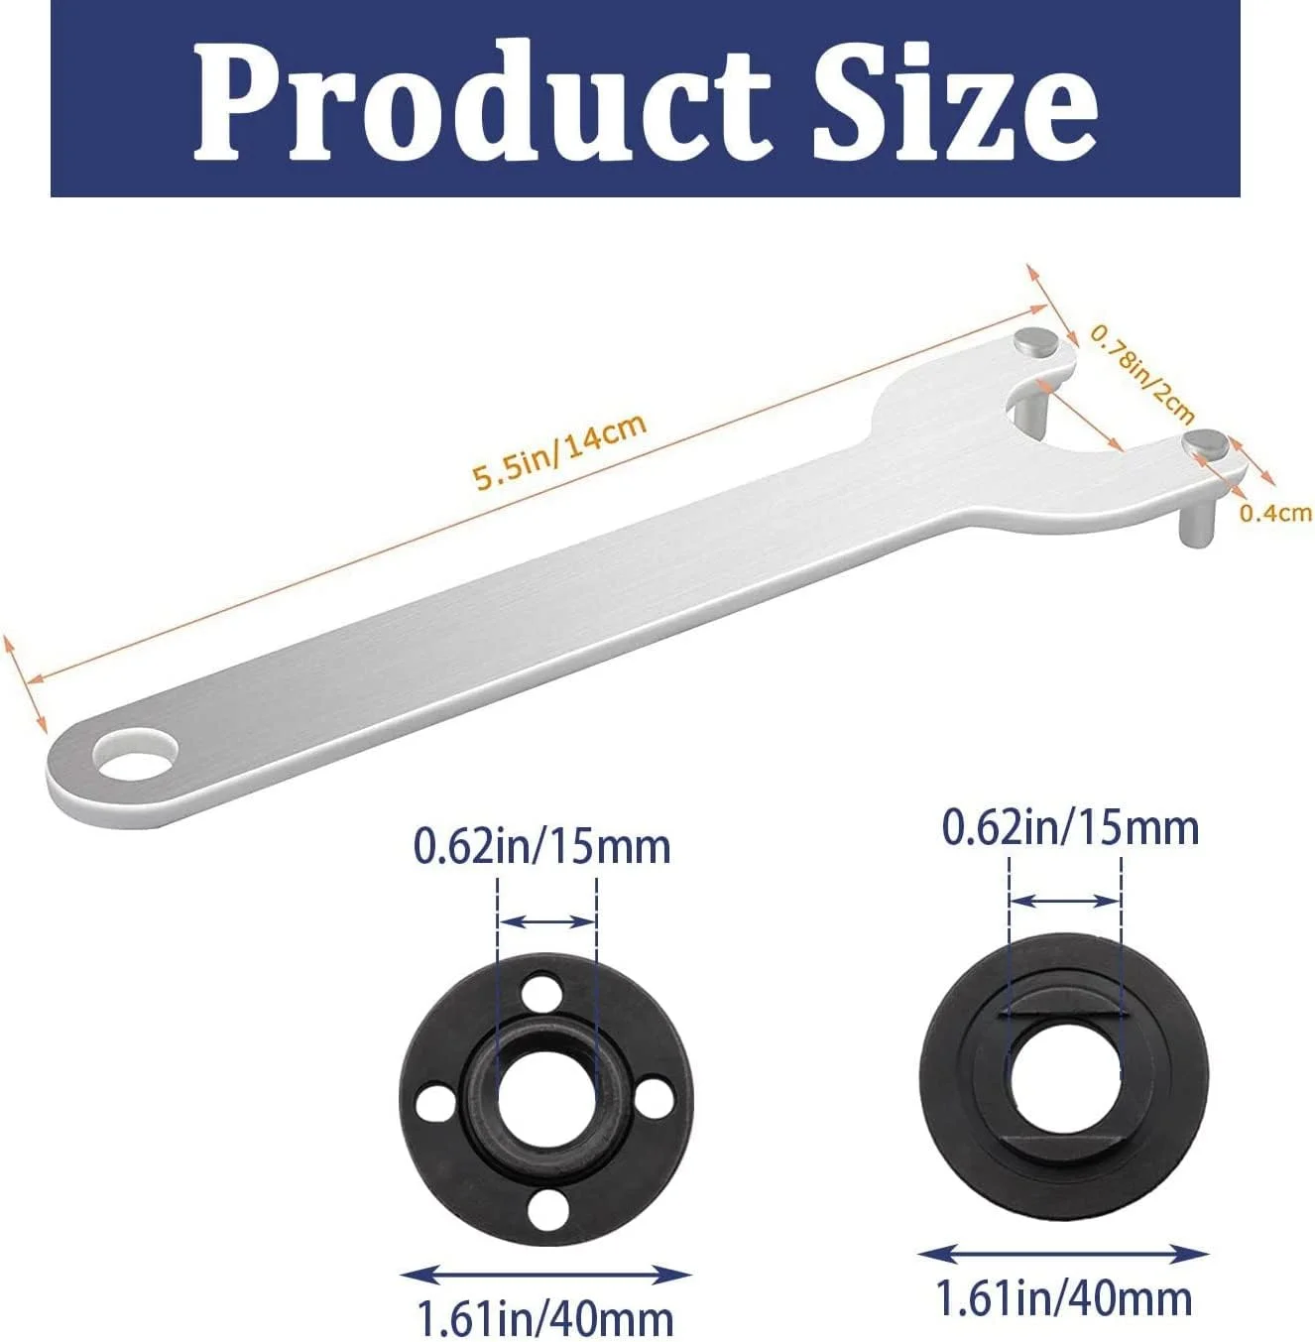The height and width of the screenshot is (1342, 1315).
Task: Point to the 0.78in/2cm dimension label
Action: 1141,373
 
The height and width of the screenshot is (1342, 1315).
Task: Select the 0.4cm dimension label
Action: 1276,513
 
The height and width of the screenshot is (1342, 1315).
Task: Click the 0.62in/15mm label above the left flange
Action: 542,847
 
